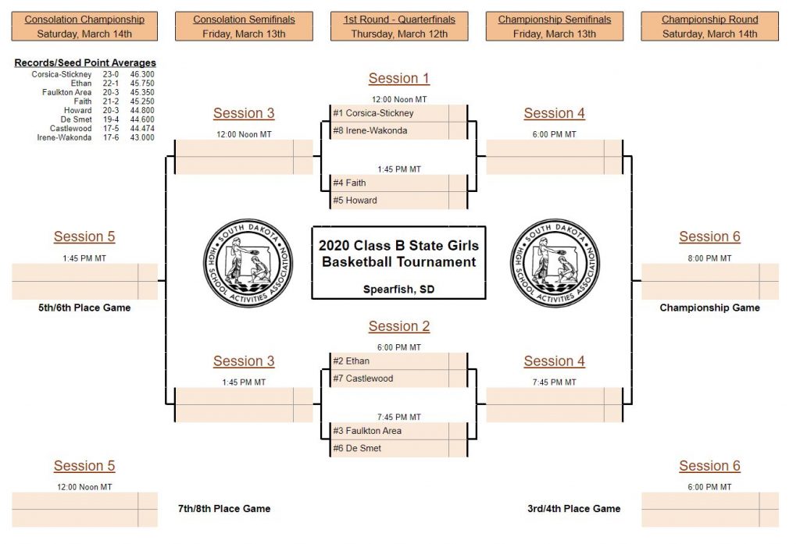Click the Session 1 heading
coord(399,78)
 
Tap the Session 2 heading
coord(399,326)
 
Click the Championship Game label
coord(709,308)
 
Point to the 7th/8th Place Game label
coord(224,509)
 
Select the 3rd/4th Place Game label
coord(573,509)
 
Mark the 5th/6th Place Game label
coord(84,308)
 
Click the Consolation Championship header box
coord(84,27)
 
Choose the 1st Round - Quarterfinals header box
coord(399,27)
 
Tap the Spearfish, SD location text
coord(398,289)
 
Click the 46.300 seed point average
coord(142,74)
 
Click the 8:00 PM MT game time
coord(709,258)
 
